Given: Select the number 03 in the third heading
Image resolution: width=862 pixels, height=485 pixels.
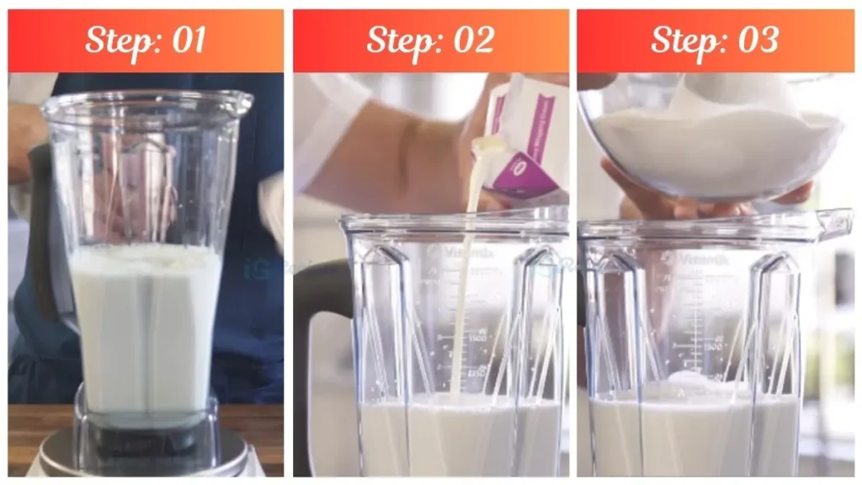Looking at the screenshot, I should [756, 40].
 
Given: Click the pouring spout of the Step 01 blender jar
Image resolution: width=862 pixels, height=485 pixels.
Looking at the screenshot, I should [239, 102].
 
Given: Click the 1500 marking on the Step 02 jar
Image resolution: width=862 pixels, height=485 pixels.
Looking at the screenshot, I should [476, 337].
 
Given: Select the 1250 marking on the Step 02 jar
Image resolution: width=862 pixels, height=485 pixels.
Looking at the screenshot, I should [476, 371].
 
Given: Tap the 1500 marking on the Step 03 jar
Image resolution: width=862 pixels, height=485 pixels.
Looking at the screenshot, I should [711, 345].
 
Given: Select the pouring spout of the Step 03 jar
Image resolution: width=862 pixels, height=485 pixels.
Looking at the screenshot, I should [833, 223].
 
